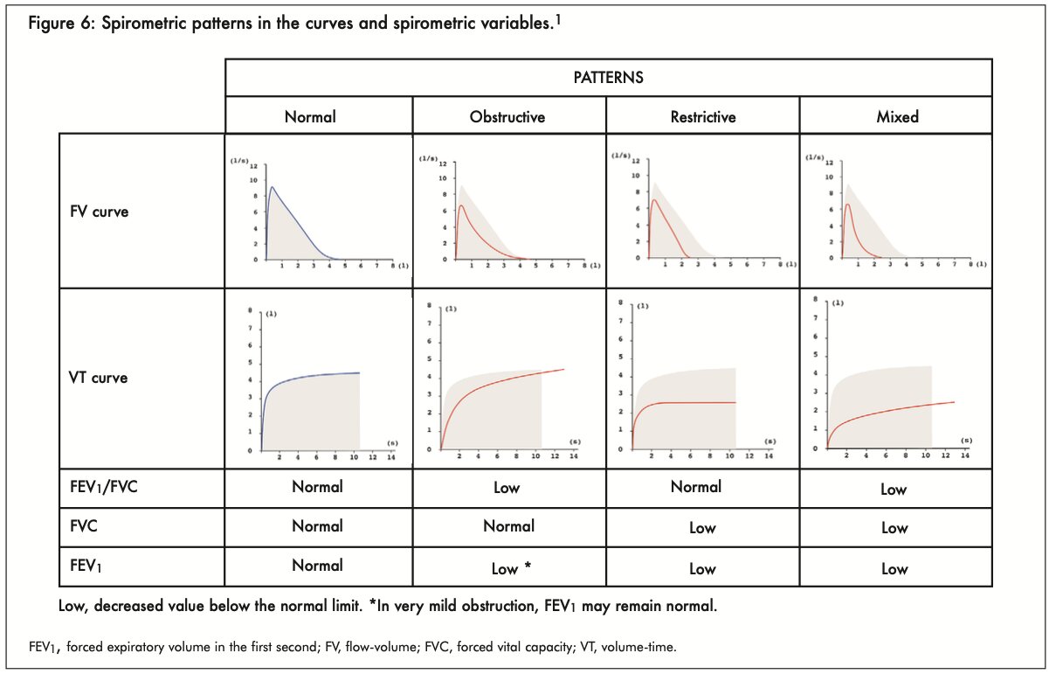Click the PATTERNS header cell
coord(608,77)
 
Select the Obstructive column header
coord(509,116)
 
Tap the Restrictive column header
coord(702,116)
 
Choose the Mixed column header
coord(897,116)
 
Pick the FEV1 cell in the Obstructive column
coord(511,569)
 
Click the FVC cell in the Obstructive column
coord(509,526)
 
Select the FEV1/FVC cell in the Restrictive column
coord(696,487)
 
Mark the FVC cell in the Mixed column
coord(894,528)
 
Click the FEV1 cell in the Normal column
coord(317,566)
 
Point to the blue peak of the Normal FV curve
coord(273,186)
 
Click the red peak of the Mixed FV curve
coord(847,205)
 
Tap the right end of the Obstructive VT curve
coord(563,369)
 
